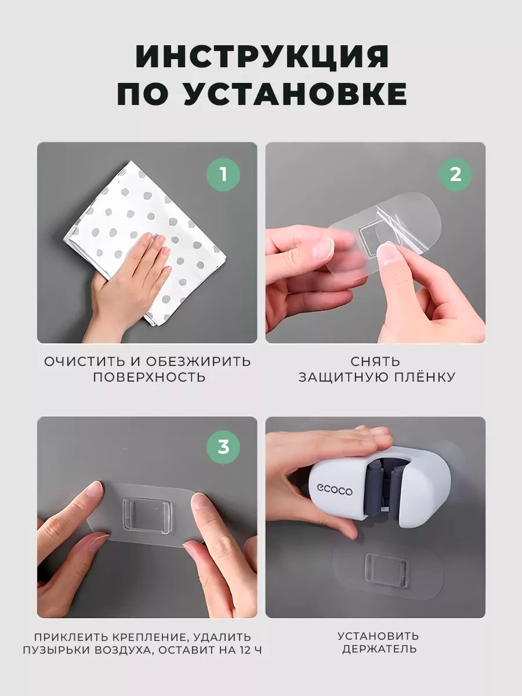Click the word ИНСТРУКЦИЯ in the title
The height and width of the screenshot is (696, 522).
(262, 56)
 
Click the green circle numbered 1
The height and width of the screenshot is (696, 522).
(223, 175)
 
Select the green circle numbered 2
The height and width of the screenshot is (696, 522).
(455, 175)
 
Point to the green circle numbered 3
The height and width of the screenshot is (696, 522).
(223, 447)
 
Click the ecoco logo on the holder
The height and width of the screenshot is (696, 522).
(335, 490)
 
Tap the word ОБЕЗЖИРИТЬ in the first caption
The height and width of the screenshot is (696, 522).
(198, 361)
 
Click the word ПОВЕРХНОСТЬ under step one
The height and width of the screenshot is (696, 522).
(149, 378)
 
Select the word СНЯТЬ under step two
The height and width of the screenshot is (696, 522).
(376, 361)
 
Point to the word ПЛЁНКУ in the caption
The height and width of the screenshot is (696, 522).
(425, 376)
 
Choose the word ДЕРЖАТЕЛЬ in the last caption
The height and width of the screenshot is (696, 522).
(379, 649)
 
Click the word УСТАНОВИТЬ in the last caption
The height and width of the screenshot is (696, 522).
(378, 636)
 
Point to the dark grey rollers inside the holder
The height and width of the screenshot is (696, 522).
(385, 488)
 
